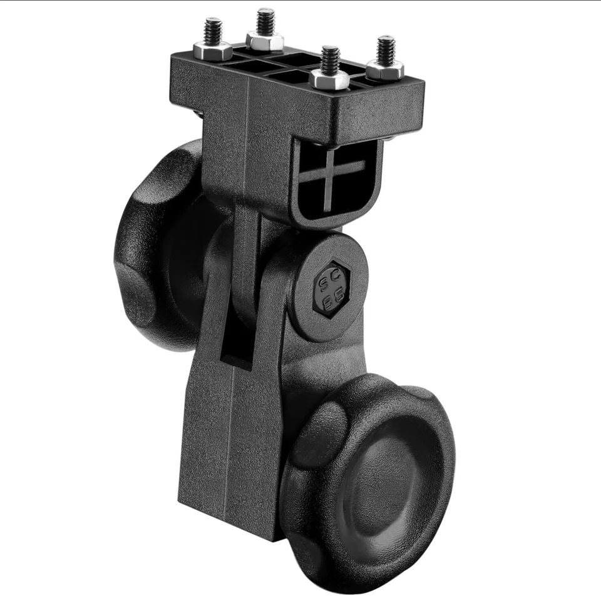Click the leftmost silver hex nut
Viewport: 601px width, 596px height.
click(213, 50)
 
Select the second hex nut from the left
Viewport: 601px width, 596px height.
click(265, 40)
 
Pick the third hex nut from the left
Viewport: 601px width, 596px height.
click(329, 79)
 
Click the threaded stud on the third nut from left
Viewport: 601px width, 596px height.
click(330, 58)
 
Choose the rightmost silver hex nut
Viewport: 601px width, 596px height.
click(384, 69)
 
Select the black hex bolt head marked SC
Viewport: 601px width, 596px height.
click(331, 288)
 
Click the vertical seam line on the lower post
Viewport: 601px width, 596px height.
click(234, 438)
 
